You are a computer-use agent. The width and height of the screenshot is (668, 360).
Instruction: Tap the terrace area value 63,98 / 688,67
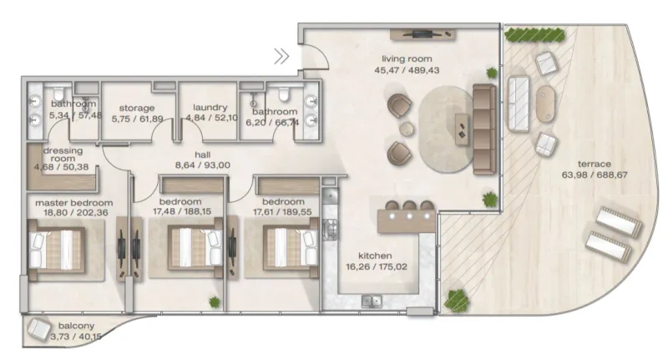pyautogui.click(x=587, y=175)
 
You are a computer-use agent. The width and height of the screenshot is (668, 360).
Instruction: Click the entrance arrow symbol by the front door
pyautogui.click(x=281, y=57)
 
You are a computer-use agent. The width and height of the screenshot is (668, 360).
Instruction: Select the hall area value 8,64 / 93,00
pyautogui.click(x=204, y=166)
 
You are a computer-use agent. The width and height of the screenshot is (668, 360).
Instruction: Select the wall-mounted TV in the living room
pyautogui.click(x=424, y=33)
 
